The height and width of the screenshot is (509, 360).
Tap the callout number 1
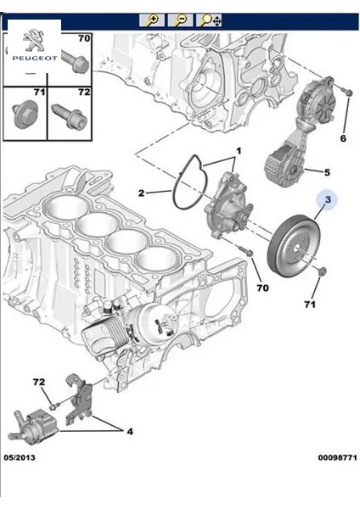click(239, 151)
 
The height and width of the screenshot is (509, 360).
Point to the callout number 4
click(129, 432)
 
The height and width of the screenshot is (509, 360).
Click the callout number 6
click(343, 137)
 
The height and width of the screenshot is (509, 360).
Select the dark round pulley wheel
click(291, 246)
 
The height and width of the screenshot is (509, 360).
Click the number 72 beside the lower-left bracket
click(38, 383)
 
